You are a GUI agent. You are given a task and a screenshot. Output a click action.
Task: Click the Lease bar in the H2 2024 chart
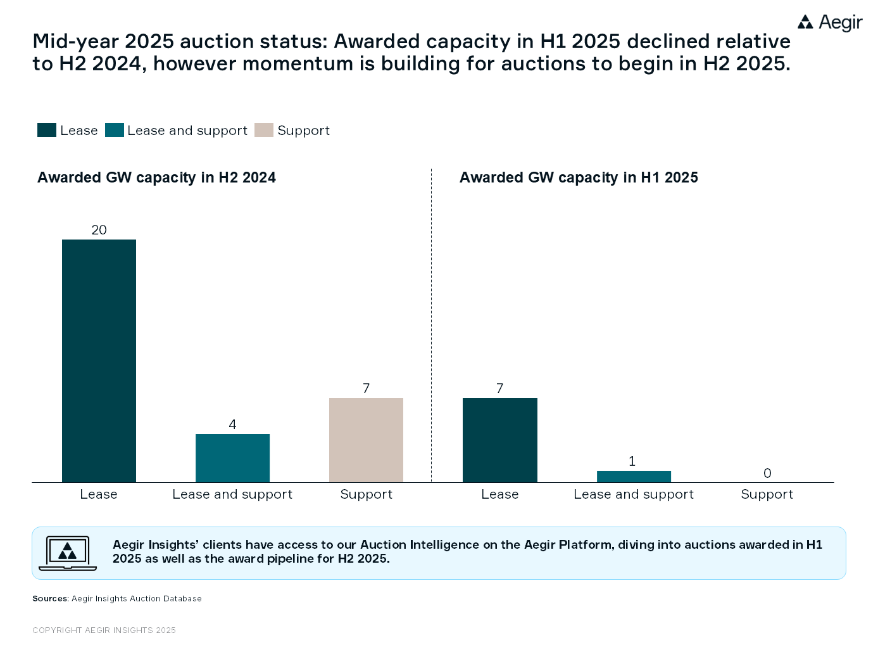tap(99, 361)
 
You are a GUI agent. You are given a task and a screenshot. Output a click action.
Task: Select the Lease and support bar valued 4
tap(232, 457)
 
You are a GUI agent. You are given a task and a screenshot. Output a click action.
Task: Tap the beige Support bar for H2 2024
tap(366, 440)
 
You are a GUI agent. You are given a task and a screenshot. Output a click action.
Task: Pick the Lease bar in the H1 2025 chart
tap(499, 440)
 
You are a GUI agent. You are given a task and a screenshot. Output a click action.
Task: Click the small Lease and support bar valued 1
tap(634, 477)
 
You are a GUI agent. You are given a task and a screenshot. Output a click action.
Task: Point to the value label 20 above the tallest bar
tap(99, 230)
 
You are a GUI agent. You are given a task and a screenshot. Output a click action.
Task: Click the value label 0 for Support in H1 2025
tap(767, 473)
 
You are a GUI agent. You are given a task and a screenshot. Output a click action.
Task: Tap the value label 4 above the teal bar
tap(232, 425)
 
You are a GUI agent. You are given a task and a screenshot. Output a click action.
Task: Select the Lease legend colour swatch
tap(47, 130)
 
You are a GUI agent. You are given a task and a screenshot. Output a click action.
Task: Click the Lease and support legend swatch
tap(115, 130)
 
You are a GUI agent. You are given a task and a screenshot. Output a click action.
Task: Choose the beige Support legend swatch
tap(263, 130)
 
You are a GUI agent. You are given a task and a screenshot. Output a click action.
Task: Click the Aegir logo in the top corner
tap(829, 23)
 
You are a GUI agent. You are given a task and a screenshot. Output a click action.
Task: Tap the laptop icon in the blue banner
tap(68, 553)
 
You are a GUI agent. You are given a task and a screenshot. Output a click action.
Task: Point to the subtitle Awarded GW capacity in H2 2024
tap(156, 177)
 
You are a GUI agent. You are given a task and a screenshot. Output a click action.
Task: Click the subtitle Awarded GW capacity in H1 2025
tap(579, 177)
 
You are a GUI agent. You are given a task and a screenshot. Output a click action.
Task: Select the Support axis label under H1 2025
tap(767, 494)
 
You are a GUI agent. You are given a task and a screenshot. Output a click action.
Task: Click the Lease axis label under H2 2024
tap(99, 494)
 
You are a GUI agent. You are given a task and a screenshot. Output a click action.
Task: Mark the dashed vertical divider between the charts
tap(431, 323)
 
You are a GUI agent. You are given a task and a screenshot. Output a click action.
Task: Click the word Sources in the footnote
tap(50, 598)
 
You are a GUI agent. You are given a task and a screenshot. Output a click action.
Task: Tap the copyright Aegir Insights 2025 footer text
tap(104, 630)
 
